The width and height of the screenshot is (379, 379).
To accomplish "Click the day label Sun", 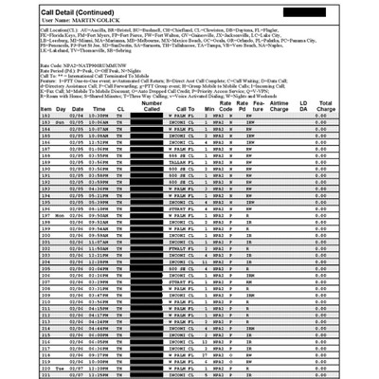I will pyautogui.click(x=33, y=149).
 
